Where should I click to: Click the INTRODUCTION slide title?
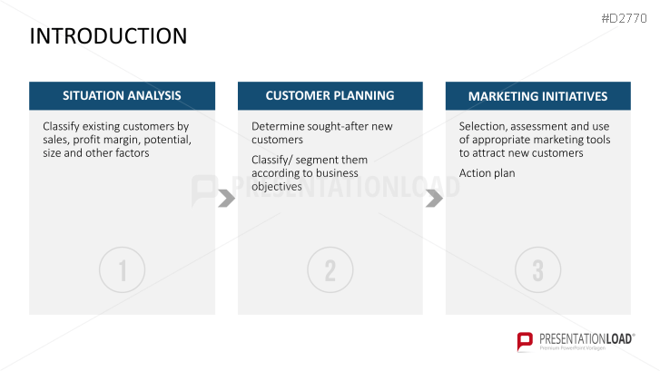pos(108,36)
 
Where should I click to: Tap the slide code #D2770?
pos(624,18)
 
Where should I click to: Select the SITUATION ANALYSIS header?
pos(122,95)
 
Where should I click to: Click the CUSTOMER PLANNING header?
pos(330,95)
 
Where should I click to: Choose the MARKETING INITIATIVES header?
pos(538,96)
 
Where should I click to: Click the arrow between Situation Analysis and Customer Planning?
pos(227,199)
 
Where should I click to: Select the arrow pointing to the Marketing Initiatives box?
pos(435,199)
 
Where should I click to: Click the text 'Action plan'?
pos(487,173)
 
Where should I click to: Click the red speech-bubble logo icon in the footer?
pos(525,341)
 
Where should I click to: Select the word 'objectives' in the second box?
pos(277,186)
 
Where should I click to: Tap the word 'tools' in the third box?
pos(598,140)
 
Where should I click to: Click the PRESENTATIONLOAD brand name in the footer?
pos(586,339)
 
